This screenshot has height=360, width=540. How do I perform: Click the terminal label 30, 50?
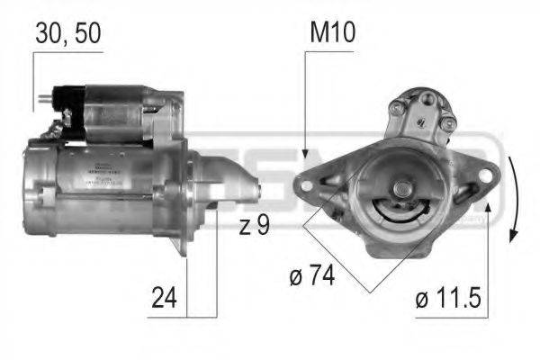pyautogui.click(x=68, y=34)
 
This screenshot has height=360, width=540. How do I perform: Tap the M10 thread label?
pyautogui.click(x=334, y=34)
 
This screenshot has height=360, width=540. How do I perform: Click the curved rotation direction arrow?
pyautogui.click(x=514, y=198)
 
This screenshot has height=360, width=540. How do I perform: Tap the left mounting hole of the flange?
pyautogui.click(x=307, y=186)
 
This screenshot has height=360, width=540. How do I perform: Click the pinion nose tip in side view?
pyautogui.click(x=258, y=191)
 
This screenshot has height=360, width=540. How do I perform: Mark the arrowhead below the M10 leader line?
pyautogui.click(x=306, y=155)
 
